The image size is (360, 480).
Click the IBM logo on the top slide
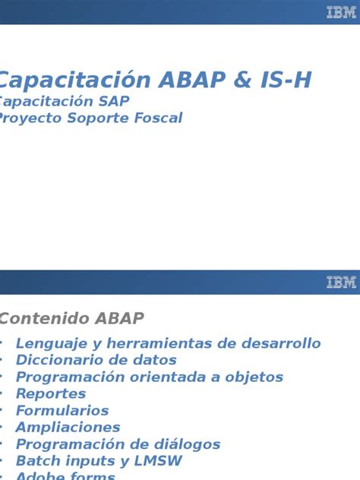click(341, 12)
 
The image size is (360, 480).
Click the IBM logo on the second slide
click(341, 283)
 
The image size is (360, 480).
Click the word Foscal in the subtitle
click(156, 118)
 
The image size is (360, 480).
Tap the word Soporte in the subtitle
click(97, 118)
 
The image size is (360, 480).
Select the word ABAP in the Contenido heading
click(119, 318)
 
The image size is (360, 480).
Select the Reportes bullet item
click(51, 393)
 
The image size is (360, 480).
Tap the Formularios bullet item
click(62, 410)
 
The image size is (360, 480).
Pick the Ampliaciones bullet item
click(68, 427)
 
